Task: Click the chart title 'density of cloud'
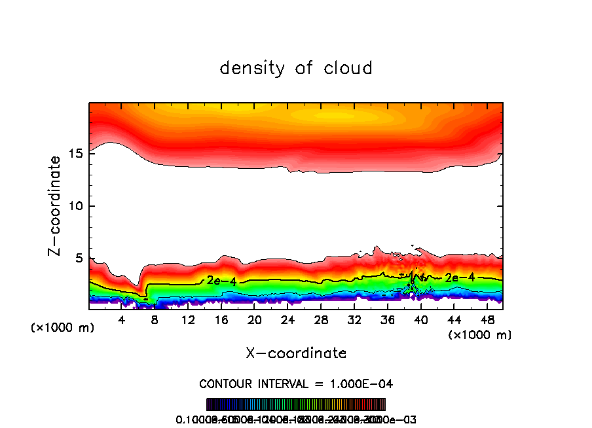pyautogui.click(x=296, y=68)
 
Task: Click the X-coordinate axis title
pyautogui.click(x=296, y=353)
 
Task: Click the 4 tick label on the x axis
pyautogui.click(x=121, y=320)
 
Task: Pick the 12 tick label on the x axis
pyautogui.click(x=188, y=320)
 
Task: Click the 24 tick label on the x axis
pyautogui.click(x=287, y=320)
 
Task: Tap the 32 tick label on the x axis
pyautogui.click(x=354, y=320)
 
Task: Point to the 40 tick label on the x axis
pyautogui.click(x=420, y=320)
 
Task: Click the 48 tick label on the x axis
pyautogui.click(x=487, y=320)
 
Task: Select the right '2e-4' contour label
pyautogui.click(x=460, y=277)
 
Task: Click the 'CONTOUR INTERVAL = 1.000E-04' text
pyautogui.click(x=296, y=383)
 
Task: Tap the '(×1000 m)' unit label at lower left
pyautogui.click(x=63, y=328)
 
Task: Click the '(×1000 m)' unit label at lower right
pyautogui.click(x=479, y=335)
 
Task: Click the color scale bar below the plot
pyautogui.click(x=296, y=404)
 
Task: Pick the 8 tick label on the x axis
pyautogui.click(x=155, y=320)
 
